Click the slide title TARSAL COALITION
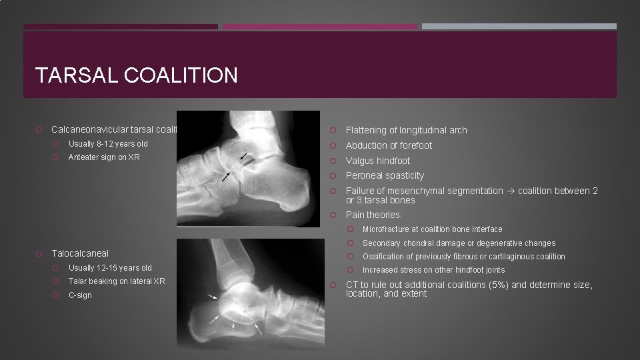[x=137, y=75]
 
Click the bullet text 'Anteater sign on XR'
[x=104, y=157]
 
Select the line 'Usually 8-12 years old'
[x=108, y=144]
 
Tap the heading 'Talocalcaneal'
[x=80, y=253]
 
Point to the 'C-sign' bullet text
[x=80, y=295]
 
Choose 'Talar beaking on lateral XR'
[x=117, y=281]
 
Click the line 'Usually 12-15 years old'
[x=110, y=268]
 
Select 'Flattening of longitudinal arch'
[x=406, y=130]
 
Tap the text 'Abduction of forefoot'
[x=389, y=145]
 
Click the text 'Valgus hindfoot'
[x=377, y=161]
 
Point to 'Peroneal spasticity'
[x=385, y=176]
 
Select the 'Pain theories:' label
[x=373, y=215]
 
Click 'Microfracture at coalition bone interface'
[x=432, y=229]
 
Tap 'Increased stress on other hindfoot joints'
[x=433, y=270]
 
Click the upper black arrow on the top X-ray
[x=245, y=157]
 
